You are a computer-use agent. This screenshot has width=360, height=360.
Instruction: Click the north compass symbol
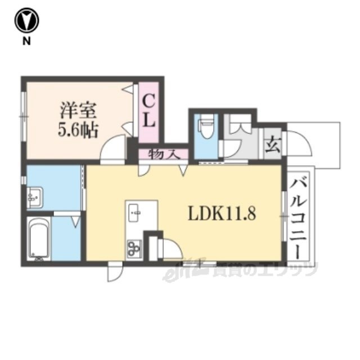(27, 20)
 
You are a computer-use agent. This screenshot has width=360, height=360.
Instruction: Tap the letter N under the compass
(26, 41)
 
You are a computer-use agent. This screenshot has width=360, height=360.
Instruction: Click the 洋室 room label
(78, 111)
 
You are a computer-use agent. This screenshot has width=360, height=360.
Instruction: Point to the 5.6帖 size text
(78, 130)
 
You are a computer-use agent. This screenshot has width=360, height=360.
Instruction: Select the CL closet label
(148, 111)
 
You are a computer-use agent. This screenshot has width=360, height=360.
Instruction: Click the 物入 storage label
(164, 154)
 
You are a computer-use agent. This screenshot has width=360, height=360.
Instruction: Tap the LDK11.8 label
(222, 213)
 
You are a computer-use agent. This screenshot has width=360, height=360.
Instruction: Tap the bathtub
(39, 238)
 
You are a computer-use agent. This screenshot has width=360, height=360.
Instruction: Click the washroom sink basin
(35, 197)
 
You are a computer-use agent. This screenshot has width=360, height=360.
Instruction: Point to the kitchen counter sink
(135, 213)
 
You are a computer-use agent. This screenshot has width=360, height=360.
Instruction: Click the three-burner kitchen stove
(134, 248)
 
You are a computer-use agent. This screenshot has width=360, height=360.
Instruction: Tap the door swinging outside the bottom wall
(115, 273)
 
